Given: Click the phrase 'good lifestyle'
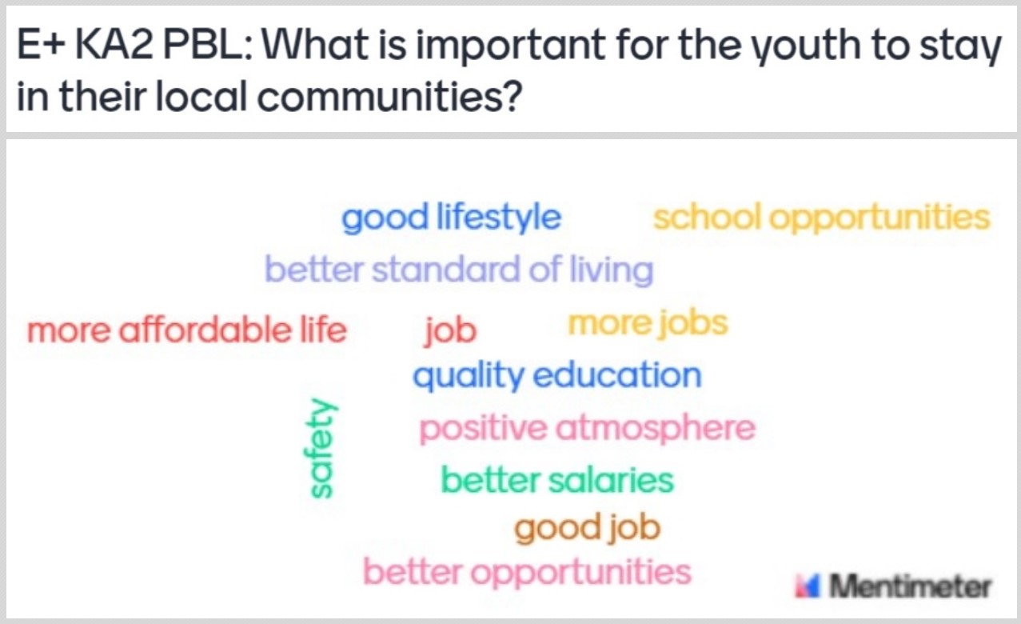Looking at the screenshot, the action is [x=451, y=219].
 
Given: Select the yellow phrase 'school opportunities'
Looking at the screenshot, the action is [x=821, y=218].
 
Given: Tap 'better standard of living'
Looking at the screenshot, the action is [x=459, y=270].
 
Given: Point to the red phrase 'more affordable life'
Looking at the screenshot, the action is [x=187, y=330].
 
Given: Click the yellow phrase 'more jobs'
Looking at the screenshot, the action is [x=648, y=325].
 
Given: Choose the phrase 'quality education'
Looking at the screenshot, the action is [x=557, y=376].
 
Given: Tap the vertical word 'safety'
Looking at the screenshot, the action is [x=321, y=447].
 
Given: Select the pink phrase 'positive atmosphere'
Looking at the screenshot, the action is [x=587, y=430].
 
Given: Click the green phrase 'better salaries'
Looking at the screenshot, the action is [x=557, y=480].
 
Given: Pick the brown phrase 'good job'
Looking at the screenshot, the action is [x=587, y=529].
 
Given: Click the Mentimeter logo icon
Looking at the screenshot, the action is [x=808, y=586].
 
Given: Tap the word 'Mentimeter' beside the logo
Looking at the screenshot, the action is [x=910, y=586].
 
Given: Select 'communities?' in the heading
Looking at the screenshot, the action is [x=389, y=96].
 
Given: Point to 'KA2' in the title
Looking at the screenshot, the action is [x=114, y=45].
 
